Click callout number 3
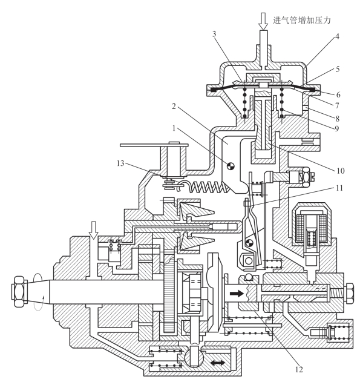(214, 34)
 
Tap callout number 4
(337, 36)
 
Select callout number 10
(341, 171)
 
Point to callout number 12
(299, 369)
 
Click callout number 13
(120, 163)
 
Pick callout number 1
(174, 128)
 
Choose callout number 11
(339, 188)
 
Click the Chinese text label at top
(302, 20)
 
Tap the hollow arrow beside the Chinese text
(263, 21)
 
